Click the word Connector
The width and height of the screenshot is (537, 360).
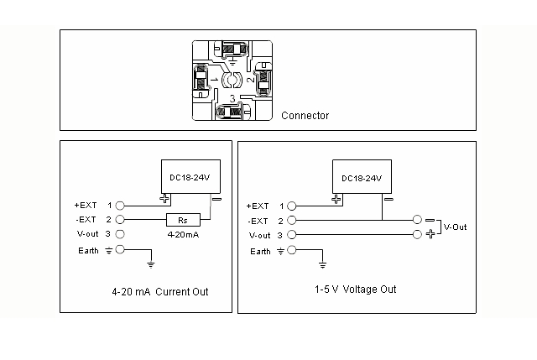[x=305, y=116]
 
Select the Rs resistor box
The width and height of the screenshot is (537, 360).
[x=183, y=220]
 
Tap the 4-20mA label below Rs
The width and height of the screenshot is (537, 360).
[x=183, y=235]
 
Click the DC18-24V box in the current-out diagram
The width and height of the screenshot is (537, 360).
[x=190, y=176]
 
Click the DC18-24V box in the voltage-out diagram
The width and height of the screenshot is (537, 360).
[x=362, y=177]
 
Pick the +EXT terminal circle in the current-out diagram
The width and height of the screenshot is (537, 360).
[x=120, y=206]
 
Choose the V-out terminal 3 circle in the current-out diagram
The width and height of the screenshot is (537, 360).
[x=120, y=234]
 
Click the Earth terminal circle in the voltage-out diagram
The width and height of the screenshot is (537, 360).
[x=292, y=250]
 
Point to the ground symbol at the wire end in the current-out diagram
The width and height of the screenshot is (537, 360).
[x=151, y=264]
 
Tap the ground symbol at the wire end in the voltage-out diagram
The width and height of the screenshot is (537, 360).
[x=322, y=265]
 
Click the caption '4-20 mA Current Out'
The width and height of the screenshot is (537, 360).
[x=160, y=291]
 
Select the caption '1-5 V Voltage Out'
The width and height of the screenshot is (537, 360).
[x=356, y=290]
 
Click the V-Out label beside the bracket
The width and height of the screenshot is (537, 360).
[x=455, y=227]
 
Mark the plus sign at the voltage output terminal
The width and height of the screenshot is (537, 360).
[x=430, y=234]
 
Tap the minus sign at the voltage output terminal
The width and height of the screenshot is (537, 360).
[x=430, y=220]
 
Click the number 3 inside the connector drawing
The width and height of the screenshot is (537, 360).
[x=232, y=99]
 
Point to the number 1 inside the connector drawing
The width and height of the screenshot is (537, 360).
[x=215, y=80]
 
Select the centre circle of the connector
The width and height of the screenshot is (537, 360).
[x=232, y=80]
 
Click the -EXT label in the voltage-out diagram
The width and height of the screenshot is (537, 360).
[x=258, y=222]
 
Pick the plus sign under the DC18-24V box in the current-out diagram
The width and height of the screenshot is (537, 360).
[x=164, y=198]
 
